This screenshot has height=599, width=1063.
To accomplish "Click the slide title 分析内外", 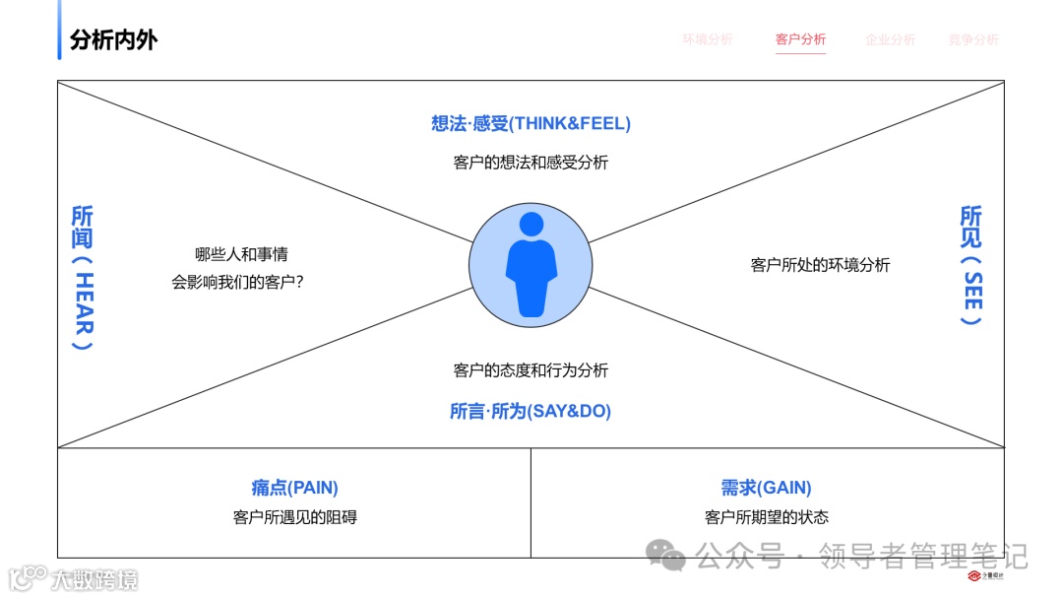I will pos(113,40).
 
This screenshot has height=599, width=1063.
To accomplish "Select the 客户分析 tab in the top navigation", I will pos(800,39).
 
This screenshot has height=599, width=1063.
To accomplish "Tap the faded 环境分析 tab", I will pos(708,39).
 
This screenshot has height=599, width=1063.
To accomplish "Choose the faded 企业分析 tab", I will pos(890,39).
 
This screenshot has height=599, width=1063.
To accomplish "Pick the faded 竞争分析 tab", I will pos(973,39).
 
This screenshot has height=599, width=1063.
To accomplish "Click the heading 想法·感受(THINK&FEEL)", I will pos(531,123).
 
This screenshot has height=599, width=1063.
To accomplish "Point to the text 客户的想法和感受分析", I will pos(531,163).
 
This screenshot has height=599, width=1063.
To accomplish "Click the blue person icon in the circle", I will pos(531,264).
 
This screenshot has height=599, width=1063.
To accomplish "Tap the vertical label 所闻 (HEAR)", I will pos(83,278).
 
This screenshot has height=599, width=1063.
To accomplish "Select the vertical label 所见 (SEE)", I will pos(970,266).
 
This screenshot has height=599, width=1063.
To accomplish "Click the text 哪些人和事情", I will pos(241,254).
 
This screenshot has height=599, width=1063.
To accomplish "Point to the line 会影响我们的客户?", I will pos(237,282).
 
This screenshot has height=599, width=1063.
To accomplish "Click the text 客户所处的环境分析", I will pos(820,264).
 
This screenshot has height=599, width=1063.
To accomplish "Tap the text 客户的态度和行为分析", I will pos(531,370).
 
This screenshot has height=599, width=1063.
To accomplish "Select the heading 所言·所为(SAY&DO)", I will pos(531,412).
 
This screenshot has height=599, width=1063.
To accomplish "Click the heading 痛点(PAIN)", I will pos(294,488).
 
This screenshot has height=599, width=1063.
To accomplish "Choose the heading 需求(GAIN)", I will pos(766,488).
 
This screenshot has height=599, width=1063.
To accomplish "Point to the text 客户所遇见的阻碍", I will pos(294,517).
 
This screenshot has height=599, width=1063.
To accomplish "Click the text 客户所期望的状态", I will pos(766,517).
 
